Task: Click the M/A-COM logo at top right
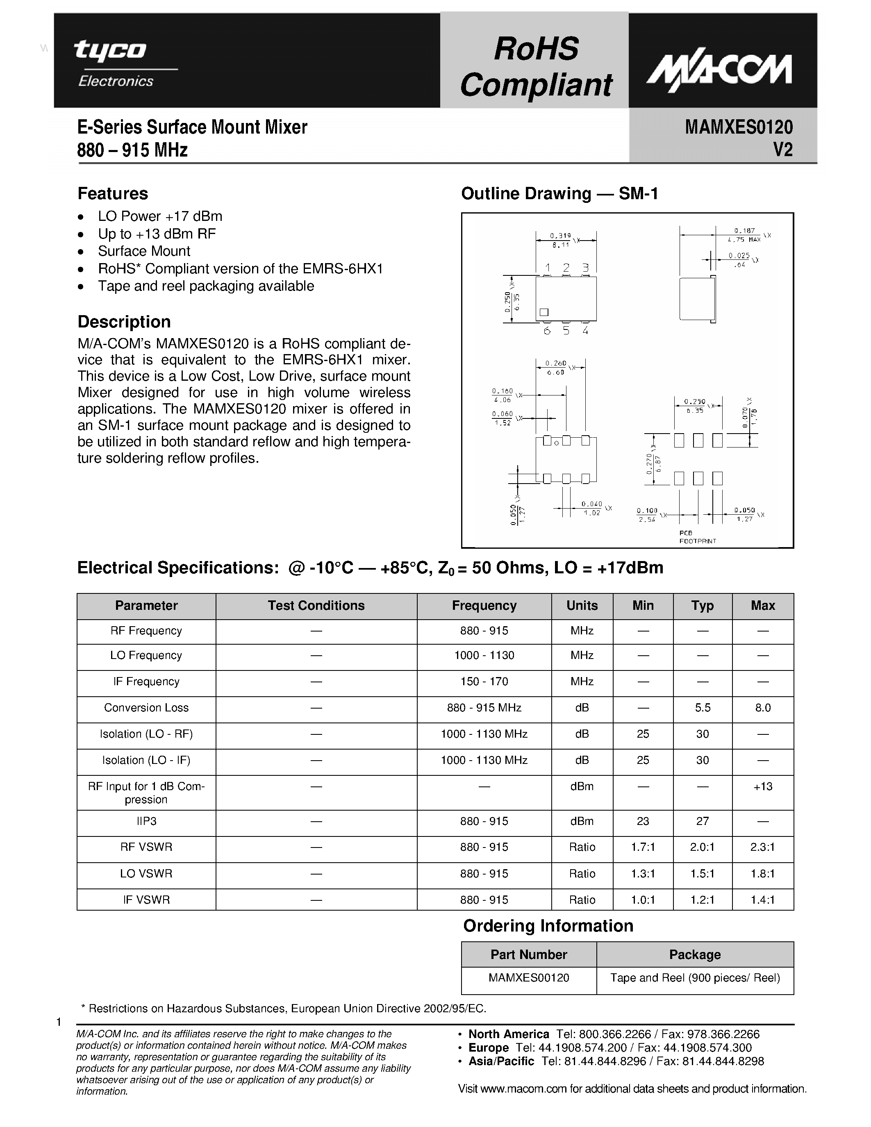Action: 719,72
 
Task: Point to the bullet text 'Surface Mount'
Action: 144,251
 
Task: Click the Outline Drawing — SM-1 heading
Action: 559,193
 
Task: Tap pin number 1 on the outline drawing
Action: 548,268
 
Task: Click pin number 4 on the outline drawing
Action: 585,331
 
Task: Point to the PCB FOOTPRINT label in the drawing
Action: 697,537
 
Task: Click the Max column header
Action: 763,605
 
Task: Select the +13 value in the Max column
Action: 763,786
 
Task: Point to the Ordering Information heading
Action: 548,926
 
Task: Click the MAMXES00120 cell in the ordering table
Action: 528,978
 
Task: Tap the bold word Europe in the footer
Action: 488,1047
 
